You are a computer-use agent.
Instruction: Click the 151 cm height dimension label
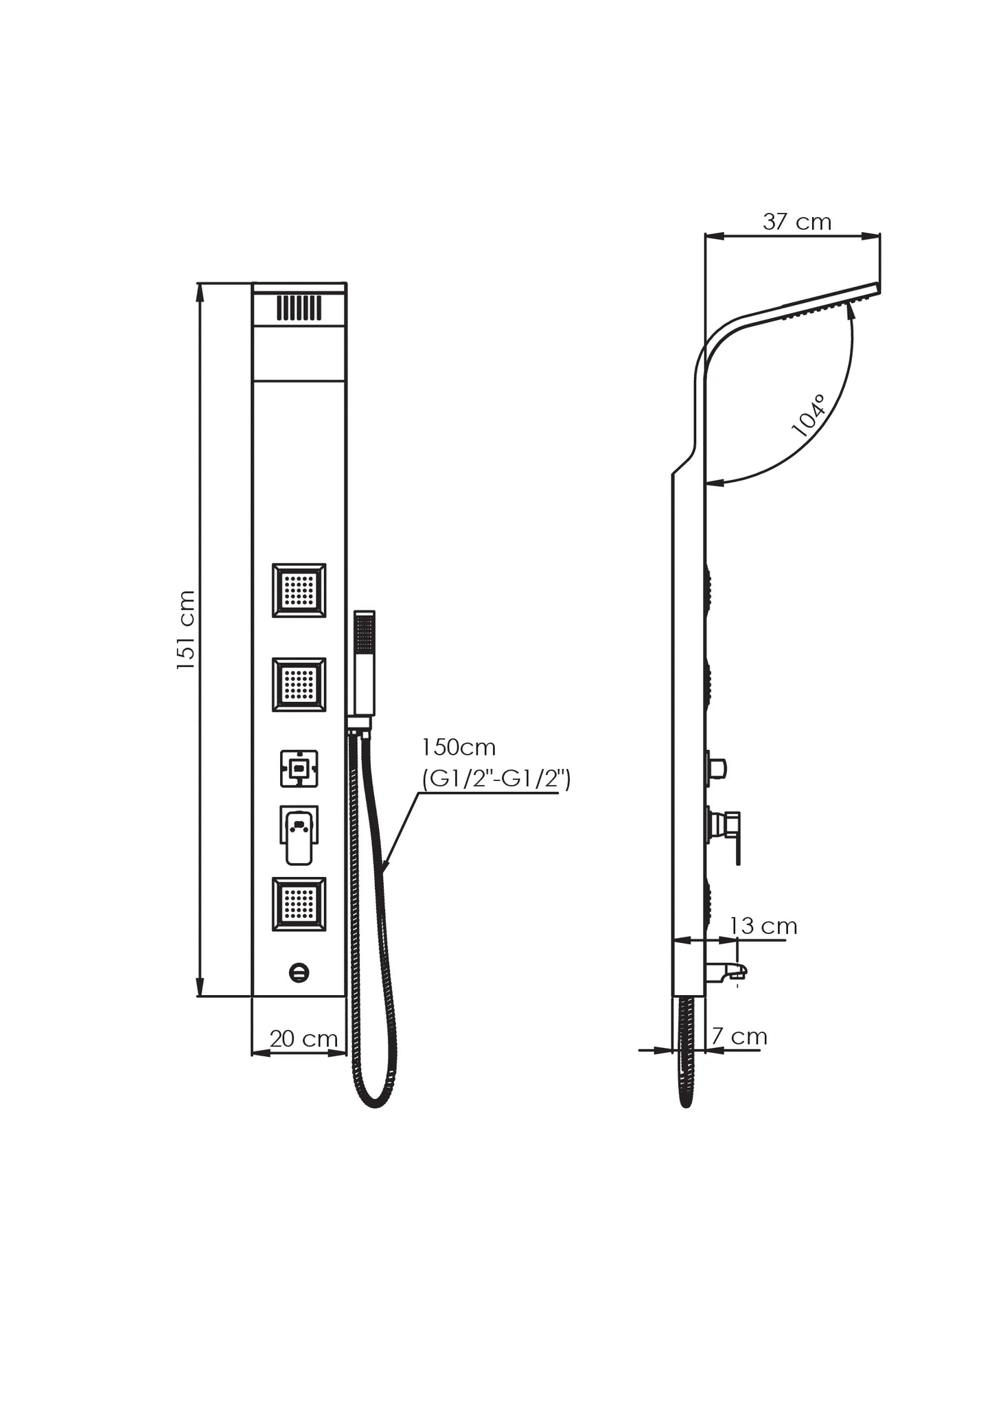pos(186,630)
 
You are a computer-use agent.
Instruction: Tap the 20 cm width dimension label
pos(303,1038)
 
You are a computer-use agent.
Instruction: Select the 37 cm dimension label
pos(797,222)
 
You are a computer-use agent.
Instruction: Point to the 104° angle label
pos(809,416)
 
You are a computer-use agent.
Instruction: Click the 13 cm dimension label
pos(763,926)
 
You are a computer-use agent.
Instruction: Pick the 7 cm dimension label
pos(739,1036)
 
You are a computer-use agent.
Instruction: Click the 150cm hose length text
pos(459,747)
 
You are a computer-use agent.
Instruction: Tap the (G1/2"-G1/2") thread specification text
pos(496,779)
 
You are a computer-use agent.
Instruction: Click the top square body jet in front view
pos(299,591)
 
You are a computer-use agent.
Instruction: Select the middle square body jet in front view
pos(299,685)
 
